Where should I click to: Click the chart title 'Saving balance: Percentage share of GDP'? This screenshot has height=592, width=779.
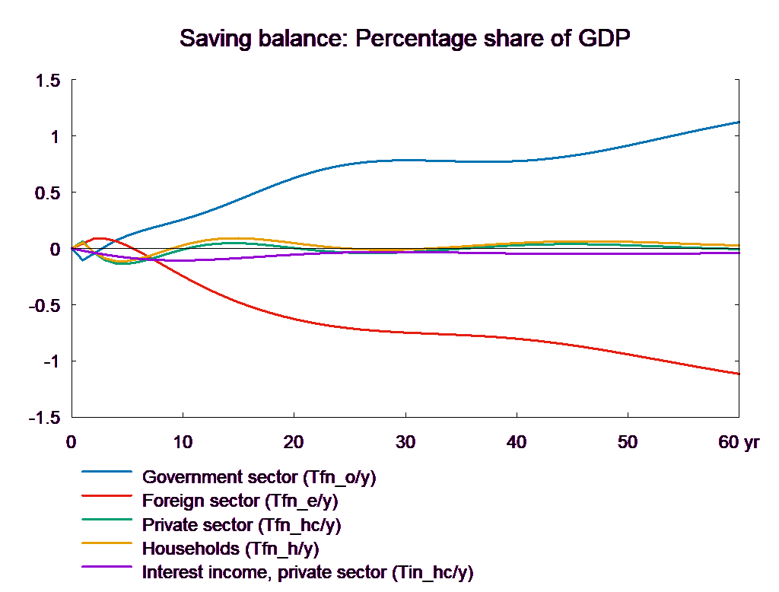pos(406,38)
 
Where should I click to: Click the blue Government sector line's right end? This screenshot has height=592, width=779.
pos(739,122)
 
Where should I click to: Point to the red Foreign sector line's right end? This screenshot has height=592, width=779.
pos(739,374)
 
